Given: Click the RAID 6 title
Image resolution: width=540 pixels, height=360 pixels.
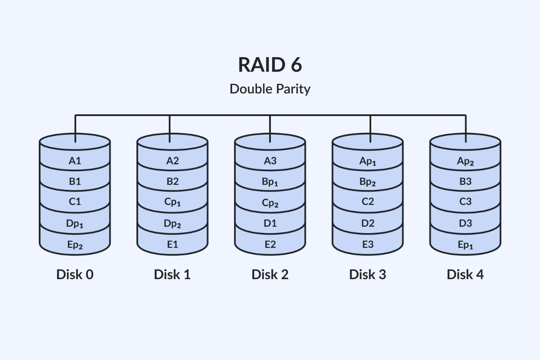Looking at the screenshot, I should pyautogui.click(x=270, y=64).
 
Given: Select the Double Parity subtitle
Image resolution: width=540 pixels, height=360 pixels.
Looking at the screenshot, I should pyautogui.click(x=270, y=89).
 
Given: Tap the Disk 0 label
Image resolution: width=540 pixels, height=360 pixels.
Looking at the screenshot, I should pyautogui.click(x=75, y=274).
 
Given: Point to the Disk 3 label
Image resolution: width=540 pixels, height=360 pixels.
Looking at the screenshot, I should pyautogui.click(x=368, y=274).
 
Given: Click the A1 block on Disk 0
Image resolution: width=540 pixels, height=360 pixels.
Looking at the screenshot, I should pyautogui.click(x=75, y=161).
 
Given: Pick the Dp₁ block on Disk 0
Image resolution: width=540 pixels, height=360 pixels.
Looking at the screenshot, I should pyautogui.click(x=75, y=224).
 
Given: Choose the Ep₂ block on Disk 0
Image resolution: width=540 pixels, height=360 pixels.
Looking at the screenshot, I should pyautogui.click(x=75, y=245).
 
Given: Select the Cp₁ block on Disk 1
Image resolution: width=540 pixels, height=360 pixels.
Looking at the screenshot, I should pyautogui.click(x=172, y=202).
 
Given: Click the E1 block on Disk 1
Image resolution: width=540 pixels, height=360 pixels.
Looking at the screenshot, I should pyautogui.click(x=172, y=245).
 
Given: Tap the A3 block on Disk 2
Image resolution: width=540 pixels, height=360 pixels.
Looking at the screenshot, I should pyautogui.click(x=270, y=161).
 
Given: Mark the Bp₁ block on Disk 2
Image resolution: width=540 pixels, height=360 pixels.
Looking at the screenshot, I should pyautogui.click(x=270, y=182).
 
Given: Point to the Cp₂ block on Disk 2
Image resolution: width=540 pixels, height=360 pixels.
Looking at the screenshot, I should pyautogui.click(x=270, y=203).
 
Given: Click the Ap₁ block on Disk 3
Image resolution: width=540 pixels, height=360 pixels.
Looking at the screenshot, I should pyautogui.click(x=368, y=161).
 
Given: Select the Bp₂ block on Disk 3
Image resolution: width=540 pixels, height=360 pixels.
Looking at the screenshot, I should pyautogui.click(x=368, y=182).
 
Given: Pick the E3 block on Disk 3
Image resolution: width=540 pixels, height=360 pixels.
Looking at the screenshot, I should pyautogui.click(x=368, y=245).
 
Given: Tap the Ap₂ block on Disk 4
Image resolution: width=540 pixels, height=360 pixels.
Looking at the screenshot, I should pyautogui.click(x=465, y=161).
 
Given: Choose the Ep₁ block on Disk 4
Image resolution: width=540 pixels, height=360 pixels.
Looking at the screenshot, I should pyautogui.click(x=465, y=245).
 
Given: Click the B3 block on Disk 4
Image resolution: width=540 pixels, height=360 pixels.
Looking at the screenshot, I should pyautogui.click(x=465, y=181).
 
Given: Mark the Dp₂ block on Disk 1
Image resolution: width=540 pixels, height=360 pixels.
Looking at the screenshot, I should pyautogui.click(x=172, y=224).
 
